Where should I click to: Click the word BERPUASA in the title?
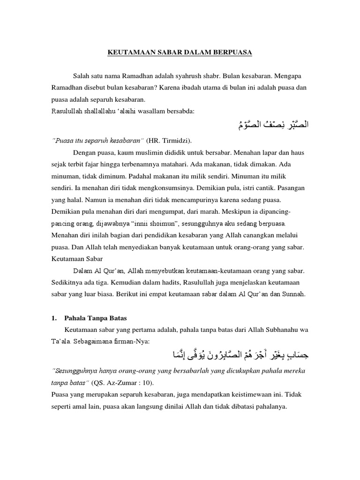tap(232, 53)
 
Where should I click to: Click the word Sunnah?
tap(292, 295)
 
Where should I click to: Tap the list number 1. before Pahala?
tap(54, 318)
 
